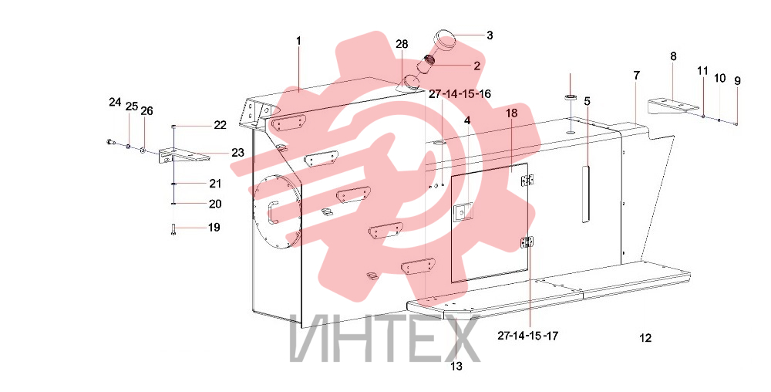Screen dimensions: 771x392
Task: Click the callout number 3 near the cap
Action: point(490,35)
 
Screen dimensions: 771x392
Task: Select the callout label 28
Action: point(402,44)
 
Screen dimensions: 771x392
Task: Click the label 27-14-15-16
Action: point(460,94)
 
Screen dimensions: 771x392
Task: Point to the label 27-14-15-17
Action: point(527,336)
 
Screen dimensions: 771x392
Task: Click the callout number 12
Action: point(645,338)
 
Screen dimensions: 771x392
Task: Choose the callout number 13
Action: point(456,367)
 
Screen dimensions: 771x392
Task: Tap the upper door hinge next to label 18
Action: point(528,180)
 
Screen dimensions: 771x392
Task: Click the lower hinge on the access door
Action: point(527,242)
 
